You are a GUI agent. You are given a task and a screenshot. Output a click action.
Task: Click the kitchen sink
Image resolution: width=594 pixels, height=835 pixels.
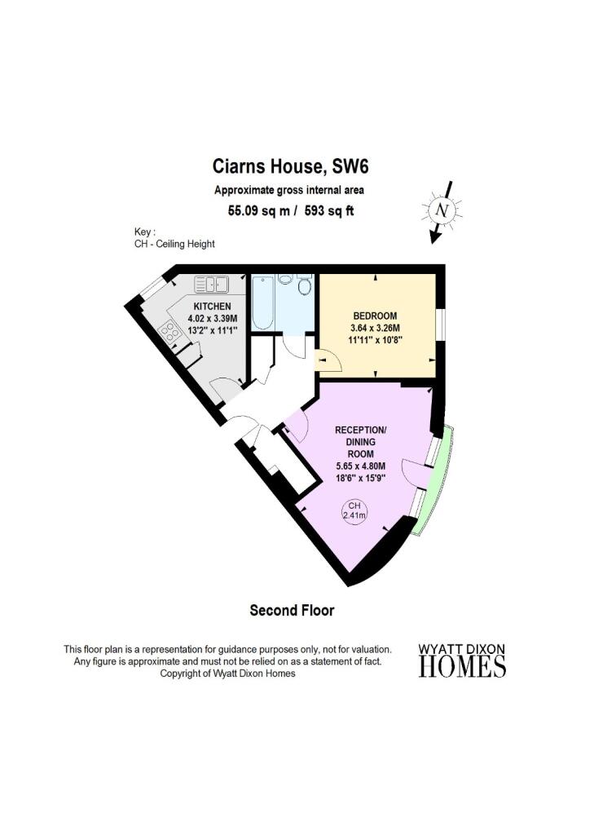[x=211, y=285]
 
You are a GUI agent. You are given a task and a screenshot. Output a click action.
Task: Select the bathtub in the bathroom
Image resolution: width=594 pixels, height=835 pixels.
[x=263, y=303]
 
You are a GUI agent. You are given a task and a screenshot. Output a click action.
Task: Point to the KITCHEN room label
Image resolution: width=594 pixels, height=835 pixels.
[x=212, y=307]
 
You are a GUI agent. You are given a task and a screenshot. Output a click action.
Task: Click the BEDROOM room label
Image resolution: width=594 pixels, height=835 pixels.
[x=376, y=316]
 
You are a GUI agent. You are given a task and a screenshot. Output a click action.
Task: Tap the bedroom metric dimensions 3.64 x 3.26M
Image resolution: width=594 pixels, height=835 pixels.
[x=376, y=328]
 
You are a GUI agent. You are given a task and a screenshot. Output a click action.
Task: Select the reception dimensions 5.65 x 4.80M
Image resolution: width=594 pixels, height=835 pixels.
[x=361, y=466]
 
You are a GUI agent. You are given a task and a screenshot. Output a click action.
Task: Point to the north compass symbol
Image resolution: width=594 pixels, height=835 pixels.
[x=442, y=211]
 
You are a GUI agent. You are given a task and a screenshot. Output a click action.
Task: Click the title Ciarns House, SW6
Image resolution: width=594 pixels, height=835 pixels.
[x=291, y=166]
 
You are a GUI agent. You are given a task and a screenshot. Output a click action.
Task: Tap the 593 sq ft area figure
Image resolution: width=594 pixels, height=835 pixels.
[x=329, y=211]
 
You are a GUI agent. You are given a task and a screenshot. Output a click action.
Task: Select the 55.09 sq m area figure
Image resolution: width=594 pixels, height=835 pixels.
[x=259, y=211]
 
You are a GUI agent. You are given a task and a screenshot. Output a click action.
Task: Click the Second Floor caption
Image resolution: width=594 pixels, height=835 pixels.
[x=293, y=610]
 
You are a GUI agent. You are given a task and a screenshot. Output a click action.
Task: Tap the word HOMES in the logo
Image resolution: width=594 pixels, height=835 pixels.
[x=462, y=666]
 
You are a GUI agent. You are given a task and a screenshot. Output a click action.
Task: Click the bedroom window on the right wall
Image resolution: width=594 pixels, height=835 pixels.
[x=441, y=323]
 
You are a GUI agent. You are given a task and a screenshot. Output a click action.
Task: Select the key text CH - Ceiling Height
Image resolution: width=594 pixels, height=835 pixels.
[x=174, y=245]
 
